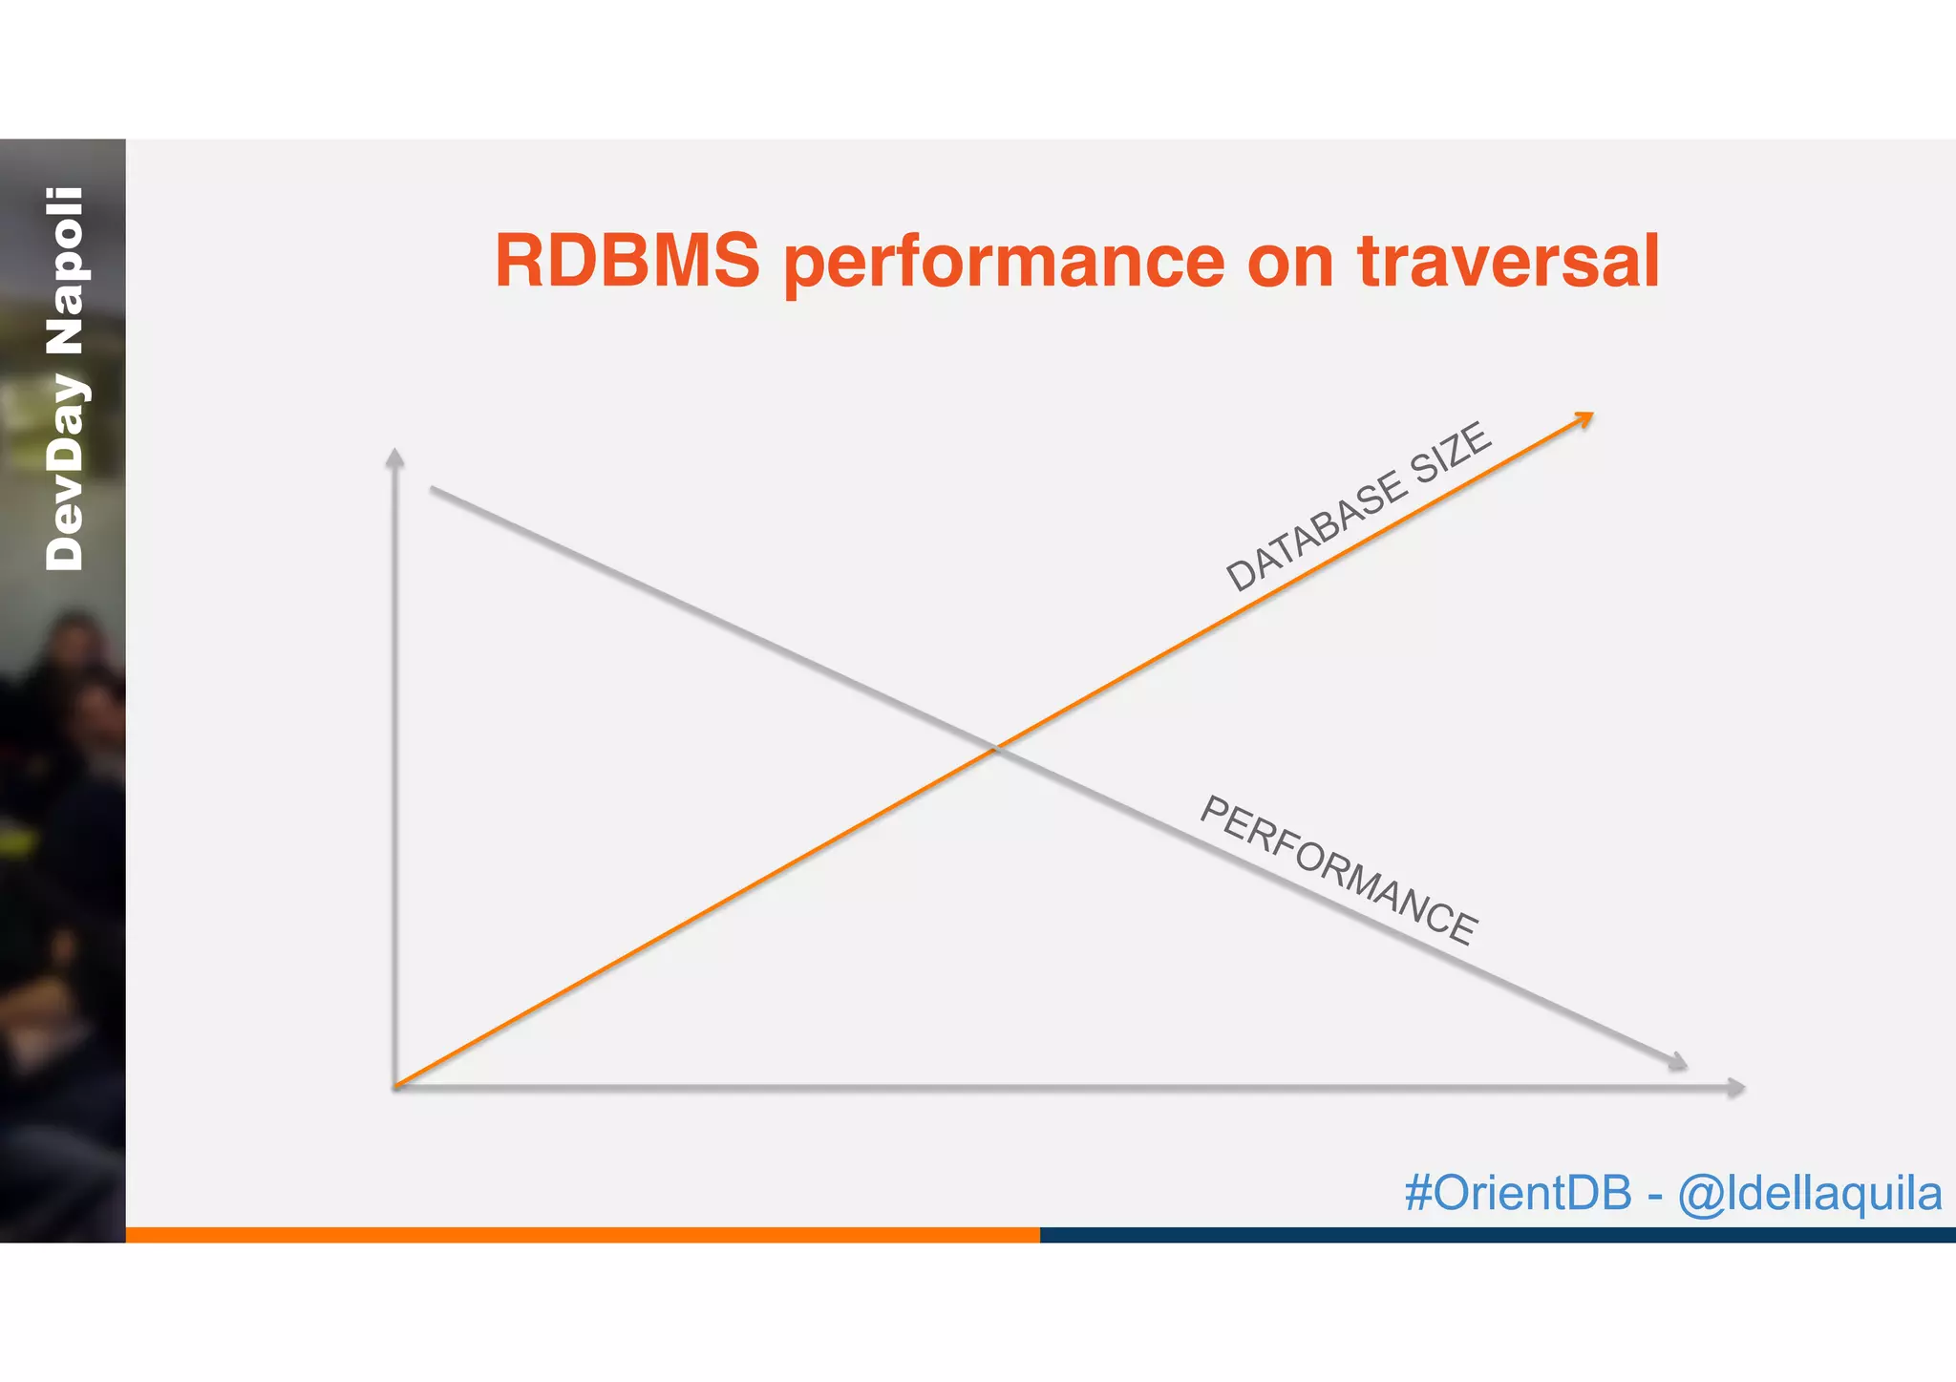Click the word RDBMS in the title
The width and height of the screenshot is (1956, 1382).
[x=627, y=262]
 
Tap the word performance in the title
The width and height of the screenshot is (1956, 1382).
[x=1004, y=264]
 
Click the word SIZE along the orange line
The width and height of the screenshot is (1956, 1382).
[x=1449, y=453]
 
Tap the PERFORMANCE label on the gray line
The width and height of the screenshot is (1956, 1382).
[x=1338, y=869]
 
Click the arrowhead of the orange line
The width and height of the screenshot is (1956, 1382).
[x=1584, y=417]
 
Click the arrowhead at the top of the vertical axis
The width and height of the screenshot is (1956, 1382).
[x=394, y=457]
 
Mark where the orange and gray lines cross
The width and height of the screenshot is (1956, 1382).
[x=995, y=748]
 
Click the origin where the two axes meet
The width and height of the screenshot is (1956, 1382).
[x=395, y=1086]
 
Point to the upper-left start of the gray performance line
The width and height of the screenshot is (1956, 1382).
[x=433, y=489]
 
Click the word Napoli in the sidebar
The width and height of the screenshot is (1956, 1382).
[x=66, y=271]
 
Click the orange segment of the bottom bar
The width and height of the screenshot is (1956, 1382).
[x=583, y=1235]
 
